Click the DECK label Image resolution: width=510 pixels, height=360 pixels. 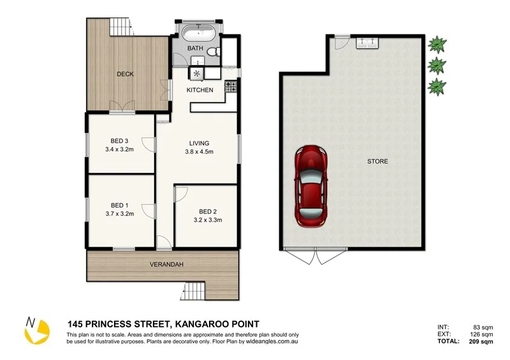click(x=125, y=74)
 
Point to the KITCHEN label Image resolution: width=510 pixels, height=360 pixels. click(x=200, y=90)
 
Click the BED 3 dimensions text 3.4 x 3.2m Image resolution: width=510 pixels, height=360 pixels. click(x=120, y=150)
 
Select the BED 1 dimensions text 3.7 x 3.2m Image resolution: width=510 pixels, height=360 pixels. click(x=120, y=213)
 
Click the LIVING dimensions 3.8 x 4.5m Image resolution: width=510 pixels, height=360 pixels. click(x=199, y=152)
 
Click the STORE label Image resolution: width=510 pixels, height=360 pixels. click(x=377, y=161)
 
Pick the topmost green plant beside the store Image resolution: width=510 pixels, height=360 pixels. click(x=437, y=44)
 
